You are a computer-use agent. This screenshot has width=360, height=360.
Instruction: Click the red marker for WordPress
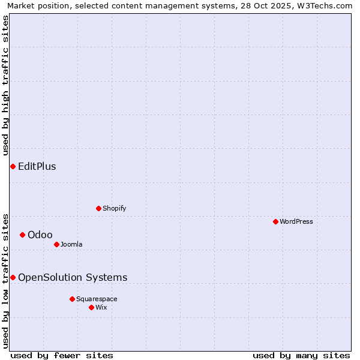[x=275, y=221]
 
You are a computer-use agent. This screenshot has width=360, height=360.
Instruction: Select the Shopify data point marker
[x=98, y=208]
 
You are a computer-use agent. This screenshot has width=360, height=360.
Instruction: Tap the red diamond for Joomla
[x=56, y=244]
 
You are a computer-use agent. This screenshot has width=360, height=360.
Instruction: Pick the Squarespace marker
[x=72, y=299]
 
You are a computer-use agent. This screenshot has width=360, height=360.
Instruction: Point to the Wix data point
[x=91, y=307]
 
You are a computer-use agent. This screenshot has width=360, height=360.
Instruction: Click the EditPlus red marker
[x=13, y=166]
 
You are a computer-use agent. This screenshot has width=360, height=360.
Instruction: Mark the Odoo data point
[x=22, y=235]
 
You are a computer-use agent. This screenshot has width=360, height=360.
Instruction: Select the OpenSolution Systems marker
[x=13, y=277]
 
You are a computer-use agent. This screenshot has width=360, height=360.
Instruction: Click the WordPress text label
[x=296, y=221]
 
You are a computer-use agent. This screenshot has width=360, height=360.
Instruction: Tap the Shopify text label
[x=115, y=208]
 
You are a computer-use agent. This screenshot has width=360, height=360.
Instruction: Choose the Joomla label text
[x=71, y=244]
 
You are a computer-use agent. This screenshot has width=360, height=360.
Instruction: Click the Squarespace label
[x=97, y=299]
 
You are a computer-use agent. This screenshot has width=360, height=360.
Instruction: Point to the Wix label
[x=101, y=307]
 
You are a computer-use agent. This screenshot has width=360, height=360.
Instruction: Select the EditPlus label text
[x=37, y=166]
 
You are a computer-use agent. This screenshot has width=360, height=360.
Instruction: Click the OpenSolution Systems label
[x=73, y=277]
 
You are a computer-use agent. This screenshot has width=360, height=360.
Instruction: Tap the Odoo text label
[x=40, y=235]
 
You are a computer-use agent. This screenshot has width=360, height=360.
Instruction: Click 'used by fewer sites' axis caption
[x=62, y=355]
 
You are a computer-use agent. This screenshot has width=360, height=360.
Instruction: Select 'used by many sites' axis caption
[x=301, y=355]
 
